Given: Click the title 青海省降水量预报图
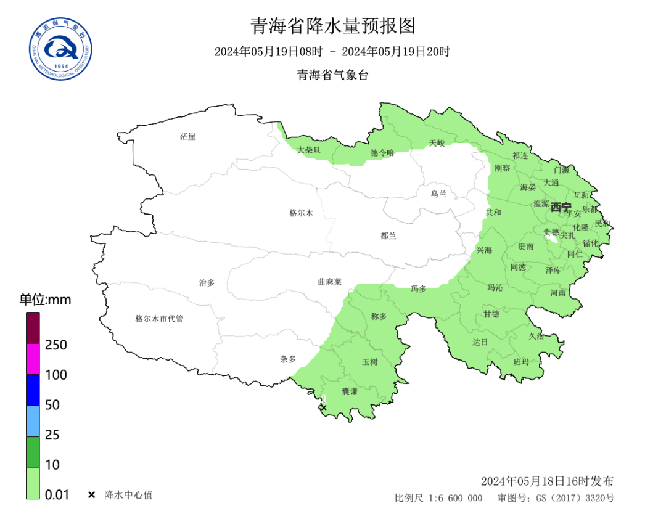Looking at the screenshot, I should click(x=333, y=26).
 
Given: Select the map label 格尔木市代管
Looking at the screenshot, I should click(x=159, y=319).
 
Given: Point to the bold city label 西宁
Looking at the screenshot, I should click(x=561, y=207).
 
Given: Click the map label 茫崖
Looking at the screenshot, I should click(x=187, y=136).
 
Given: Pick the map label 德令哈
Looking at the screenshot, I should click(x=382, y=152).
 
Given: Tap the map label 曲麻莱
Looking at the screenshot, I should click(x=329, y=282).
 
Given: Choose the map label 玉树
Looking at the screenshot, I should click(x=369, y=362).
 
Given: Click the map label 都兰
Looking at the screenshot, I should click(x=388, y=235).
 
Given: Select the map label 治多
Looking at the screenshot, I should click(x=207, y=282).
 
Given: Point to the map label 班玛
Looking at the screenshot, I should click(x=521, y=361).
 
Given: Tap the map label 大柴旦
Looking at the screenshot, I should click(x=309, y=150).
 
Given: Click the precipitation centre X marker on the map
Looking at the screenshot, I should click(x=323, y=407).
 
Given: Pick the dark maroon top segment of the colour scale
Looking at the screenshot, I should click(x=33, y=328).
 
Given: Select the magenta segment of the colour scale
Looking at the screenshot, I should click(x=33, y=359).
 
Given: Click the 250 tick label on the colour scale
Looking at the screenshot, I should click(x=56, y=345).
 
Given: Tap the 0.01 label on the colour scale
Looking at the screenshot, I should click(x=57, y=494).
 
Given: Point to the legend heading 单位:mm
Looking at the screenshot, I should click(x=45, y=300).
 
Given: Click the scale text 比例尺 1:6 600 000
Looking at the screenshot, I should click(x=438, y=498).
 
